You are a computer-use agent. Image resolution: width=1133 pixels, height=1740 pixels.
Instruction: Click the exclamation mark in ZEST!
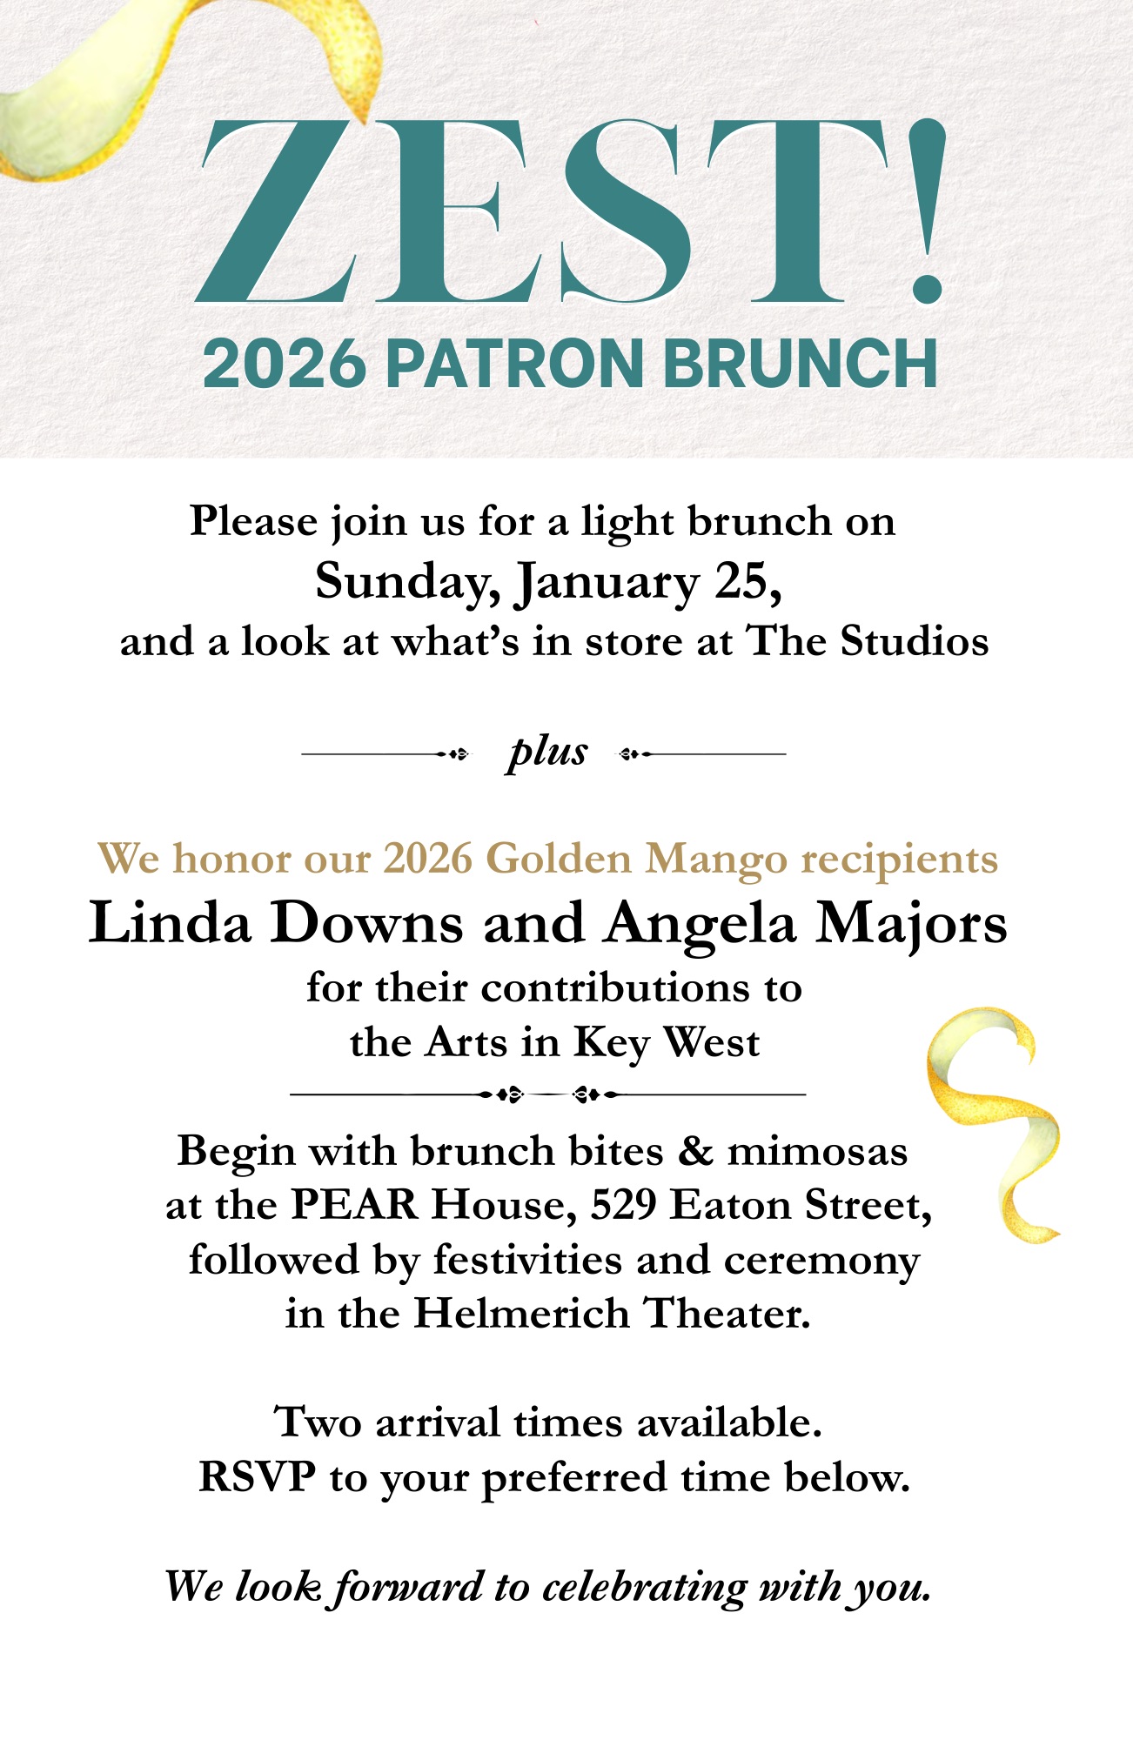click(921, 213)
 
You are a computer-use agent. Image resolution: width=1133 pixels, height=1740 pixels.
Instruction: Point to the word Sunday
click(406, 581)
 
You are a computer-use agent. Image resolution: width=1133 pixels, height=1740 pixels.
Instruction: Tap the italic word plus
click(547, 752)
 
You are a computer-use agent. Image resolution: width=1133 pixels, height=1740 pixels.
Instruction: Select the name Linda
click(170, 922)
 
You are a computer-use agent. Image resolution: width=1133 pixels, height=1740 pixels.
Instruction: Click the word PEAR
click(354, 1205)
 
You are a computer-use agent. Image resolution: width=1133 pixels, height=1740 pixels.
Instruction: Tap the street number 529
click(623, 1205)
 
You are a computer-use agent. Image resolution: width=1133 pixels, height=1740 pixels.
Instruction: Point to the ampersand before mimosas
click(695, 1151)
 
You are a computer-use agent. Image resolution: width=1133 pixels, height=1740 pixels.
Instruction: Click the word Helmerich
click(521, 1314)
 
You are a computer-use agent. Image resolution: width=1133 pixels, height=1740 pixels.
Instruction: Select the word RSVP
click(258, 1476)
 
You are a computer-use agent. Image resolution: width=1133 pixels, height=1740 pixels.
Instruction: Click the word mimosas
click(817, 1151)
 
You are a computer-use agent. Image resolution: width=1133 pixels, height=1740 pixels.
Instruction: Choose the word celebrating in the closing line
click(644, 1587)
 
